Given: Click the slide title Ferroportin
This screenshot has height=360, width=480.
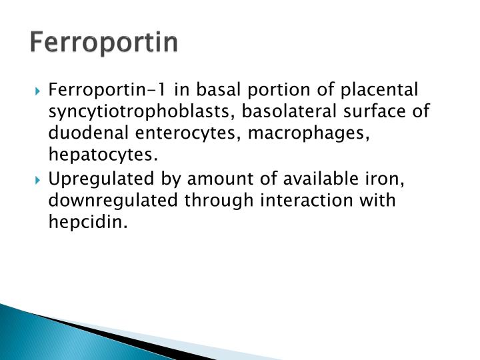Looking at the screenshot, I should click(x=104, y=42).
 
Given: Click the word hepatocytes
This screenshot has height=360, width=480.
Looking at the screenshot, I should click(x=103, y=156).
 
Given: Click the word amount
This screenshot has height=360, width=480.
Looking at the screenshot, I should click(x=208, y=179).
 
